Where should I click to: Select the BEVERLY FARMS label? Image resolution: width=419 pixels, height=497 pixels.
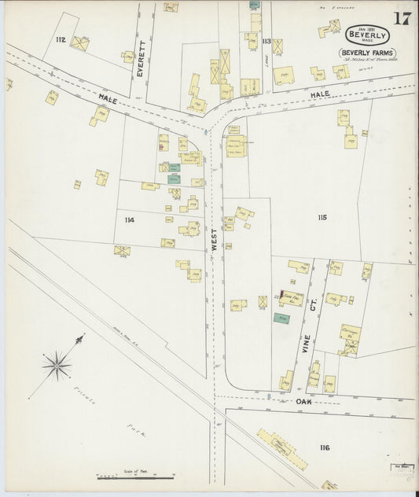(x=367, y=53)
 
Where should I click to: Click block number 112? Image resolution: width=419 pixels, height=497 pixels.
(x=61, y=39)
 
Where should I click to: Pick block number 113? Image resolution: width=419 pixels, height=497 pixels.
(x=266, y=41)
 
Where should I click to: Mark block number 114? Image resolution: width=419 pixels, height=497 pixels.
(x=129, y=220)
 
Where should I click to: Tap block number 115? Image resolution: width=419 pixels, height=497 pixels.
(x=322, y=216)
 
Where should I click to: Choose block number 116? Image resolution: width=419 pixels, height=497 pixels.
(x=324, y=447)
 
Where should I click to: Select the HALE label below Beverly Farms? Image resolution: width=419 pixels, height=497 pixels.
(x=319, y=94)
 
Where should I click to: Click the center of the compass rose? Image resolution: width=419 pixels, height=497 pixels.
(x=57, y=365)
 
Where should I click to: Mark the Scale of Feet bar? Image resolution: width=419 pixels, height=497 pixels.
(x=130, y=477)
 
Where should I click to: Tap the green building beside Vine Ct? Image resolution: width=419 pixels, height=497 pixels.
(x=280, y=318)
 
